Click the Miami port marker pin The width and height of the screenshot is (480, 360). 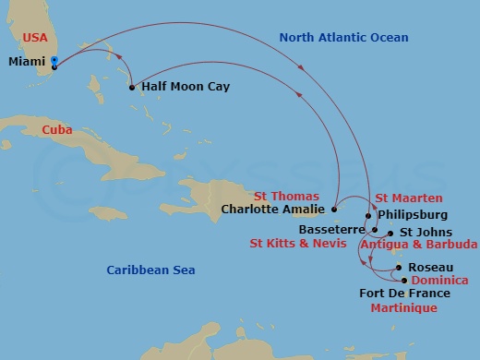pos(55,63)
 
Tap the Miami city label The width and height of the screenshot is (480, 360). pos(26,62)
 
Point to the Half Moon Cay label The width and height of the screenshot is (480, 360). pos(185,87)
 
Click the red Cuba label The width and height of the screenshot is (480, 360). pos(58,130)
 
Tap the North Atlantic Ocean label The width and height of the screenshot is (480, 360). pos(331,38)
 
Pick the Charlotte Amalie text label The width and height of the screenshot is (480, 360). pos(274,209)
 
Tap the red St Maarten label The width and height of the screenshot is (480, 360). pos(409,198)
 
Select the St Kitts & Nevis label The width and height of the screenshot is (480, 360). pos(298,244)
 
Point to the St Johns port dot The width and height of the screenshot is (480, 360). pos(390,233)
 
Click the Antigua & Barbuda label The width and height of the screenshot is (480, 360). pos(418,244)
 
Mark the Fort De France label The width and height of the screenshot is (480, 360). pos(403,294)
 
